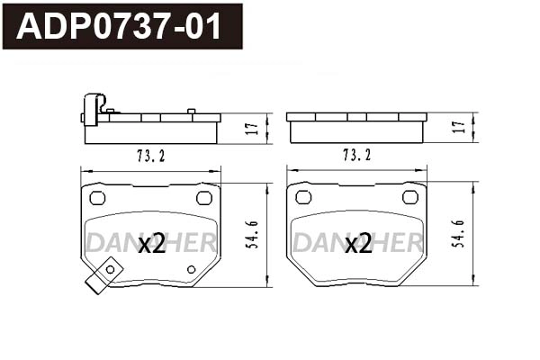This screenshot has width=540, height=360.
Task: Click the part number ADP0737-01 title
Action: (x=121, y=27)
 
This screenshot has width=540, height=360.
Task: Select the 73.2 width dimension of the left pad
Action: (x=150, y=156)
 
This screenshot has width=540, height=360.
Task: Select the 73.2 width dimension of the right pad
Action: (x=355, y=156)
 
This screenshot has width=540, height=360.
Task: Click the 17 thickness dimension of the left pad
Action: (x=253, y=128)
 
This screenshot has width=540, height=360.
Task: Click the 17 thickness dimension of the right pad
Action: (x=458, y=128)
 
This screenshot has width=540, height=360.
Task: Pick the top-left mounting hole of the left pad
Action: (x=98, y=198)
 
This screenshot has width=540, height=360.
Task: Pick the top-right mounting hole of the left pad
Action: (x=203, y=198)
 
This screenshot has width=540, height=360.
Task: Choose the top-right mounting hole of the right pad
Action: (x=409, y=198)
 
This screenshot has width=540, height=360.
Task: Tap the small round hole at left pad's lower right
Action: (x=191, y=269)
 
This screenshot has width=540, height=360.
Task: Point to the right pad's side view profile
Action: (x=356, y=128)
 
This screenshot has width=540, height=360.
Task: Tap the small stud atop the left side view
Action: (x=191, y=112)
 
